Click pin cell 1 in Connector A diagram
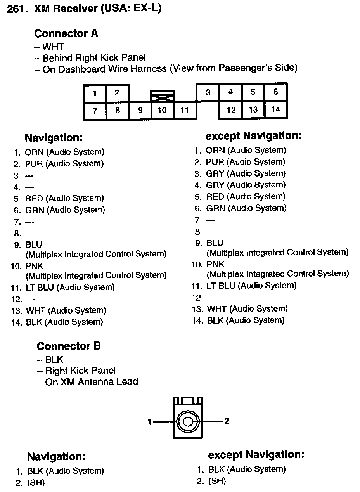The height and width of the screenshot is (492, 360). point(95,94)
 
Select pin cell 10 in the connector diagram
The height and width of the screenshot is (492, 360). point(162,111)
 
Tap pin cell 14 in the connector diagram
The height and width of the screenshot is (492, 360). point(275,109)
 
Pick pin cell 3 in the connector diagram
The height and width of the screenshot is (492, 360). point(208,92)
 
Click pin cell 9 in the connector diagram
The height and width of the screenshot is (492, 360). point(140,111)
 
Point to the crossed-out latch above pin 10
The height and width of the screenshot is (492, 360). point(162,96)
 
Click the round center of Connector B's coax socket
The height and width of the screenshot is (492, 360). point(188,421)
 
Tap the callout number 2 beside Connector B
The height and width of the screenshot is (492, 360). point(227,421)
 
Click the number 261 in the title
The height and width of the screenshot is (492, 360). point(16,10)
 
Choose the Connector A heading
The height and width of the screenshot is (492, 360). point(66,34)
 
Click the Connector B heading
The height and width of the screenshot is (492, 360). point(69,346)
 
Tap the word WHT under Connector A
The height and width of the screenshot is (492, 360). point(53,47)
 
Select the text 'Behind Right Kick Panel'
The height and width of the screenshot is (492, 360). point(94,58)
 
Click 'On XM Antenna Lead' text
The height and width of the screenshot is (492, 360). point(92,382)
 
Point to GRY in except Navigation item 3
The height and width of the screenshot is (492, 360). point(215,173)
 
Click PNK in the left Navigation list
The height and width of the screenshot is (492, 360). point(35,266)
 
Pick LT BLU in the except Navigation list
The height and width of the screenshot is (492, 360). point(221,286)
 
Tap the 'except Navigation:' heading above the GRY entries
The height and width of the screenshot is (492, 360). point(253,136)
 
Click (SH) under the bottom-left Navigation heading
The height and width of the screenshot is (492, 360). point(36,483)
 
